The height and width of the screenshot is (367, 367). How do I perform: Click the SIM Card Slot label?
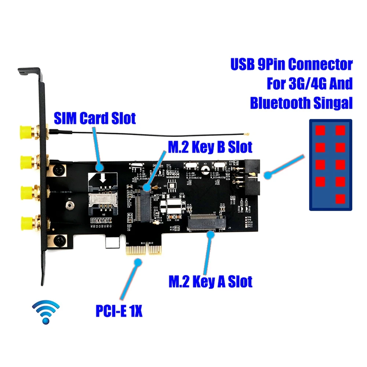click(x=95, y=118)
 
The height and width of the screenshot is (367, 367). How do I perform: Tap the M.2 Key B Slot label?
click(x=210, y=147)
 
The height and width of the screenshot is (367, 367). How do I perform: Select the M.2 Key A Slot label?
click(x=210, y=281)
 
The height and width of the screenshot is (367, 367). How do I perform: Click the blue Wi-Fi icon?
click(x=46, y=312)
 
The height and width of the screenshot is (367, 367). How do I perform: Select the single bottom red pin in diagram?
click(x=340, y=199)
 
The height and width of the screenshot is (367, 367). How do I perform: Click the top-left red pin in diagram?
click(x=321, y=130)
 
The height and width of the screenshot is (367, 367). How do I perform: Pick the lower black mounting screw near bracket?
click(x=58, y=241)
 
